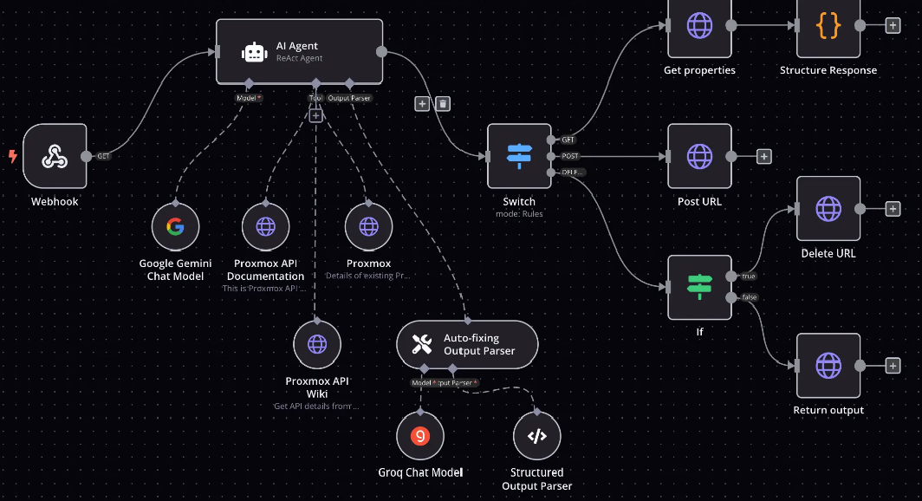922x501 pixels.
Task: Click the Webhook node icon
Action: tap(55, 156)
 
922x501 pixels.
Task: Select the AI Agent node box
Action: tap(299, 52)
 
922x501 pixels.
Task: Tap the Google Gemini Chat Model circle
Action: tap(175, 227)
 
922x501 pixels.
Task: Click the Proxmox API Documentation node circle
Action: tap(265, 227)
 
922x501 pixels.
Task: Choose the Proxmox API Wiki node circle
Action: tap(317, 343)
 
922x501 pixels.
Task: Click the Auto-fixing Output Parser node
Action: tap(467, 344)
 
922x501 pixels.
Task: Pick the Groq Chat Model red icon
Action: tap(420, 436)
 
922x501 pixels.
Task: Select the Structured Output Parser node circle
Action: tap(537, 436)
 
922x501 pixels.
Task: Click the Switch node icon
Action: tap(519, 156)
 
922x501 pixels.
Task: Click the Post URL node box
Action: tap(699, 156)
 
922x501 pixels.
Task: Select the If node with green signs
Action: tap(699, 287)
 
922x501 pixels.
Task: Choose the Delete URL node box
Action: tap(828, 209)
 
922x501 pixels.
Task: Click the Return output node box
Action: tap(828, 365)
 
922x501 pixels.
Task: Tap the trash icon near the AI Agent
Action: tap(443, 104)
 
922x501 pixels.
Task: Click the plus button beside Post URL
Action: tap(763, 156)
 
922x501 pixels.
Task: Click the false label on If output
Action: tap(748, 297)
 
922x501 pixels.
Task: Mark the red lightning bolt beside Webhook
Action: tap(12, 156)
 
